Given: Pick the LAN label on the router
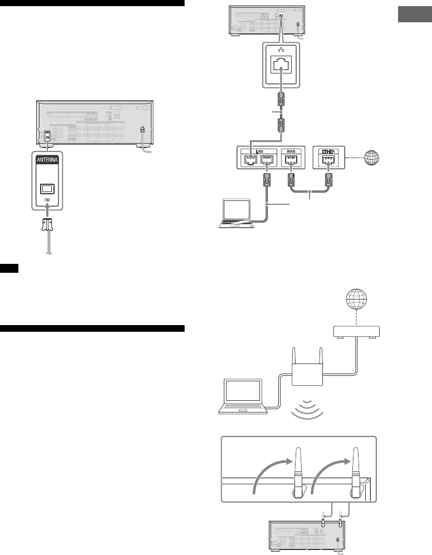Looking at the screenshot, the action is tap(257, 151).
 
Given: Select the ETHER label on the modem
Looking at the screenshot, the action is tap(330, 151).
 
